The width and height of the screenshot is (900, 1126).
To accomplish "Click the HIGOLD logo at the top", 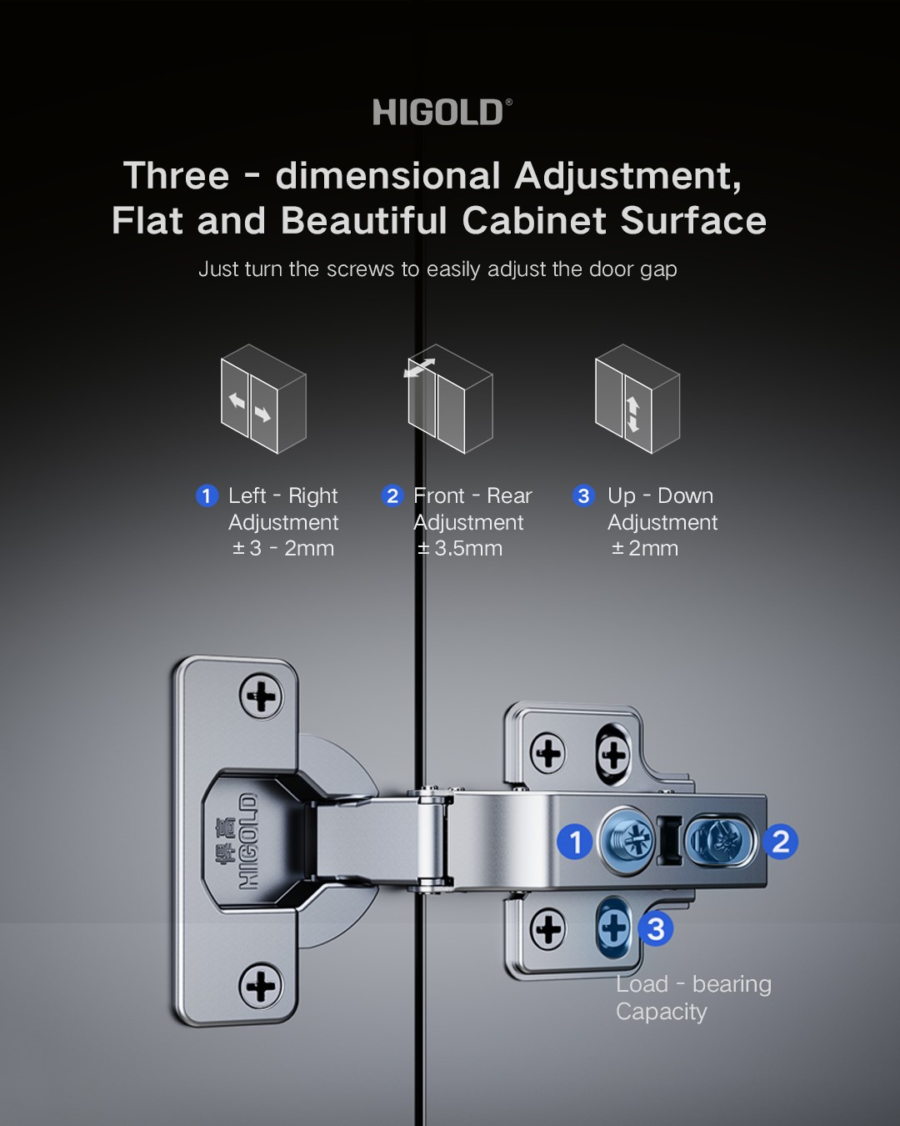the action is click(x=442, y=112).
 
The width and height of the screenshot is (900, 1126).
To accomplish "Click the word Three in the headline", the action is click(x=176, y=175).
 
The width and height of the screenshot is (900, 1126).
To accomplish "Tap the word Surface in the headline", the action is click(x=693, y=220).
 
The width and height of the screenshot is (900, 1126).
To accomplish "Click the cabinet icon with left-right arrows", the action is click(x=263, y=399).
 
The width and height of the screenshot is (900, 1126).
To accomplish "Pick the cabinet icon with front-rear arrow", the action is click(x=448, y=399).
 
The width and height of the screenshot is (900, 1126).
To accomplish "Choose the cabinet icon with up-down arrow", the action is click(x=637, y=399).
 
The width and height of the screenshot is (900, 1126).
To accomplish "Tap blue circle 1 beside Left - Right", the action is click(x=207, y=495).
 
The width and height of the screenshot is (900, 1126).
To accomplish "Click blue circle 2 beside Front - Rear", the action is click(x=392, y=495).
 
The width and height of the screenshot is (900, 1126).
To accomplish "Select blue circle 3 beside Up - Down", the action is click(x=583, y=495).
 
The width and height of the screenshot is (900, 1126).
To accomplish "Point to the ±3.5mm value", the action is click(x=460, y=548).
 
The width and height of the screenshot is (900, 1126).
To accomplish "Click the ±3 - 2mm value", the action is click(x=283, y=548).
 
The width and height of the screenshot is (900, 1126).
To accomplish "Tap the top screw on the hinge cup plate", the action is click(x=262, y=696).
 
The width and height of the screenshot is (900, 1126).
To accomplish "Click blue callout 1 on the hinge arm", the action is click(x=575, y=842).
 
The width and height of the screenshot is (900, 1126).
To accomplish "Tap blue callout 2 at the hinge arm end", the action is click(x=780, y=842).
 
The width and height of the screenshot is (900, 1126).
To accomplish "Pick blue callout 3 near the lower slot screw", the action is click(x=655, y=928).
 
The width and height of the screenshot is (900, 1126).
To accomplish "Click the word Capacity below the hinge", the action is click(x=661, y=1012).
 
